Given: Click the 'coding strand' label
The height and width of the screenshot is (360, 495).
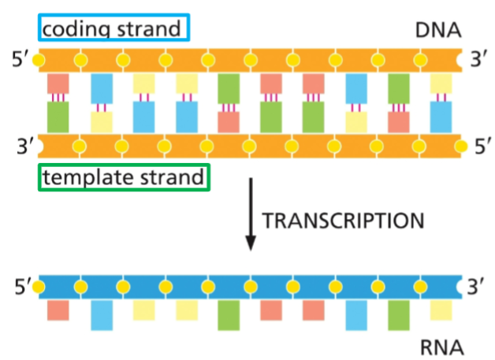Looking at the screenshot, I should pos(114,29).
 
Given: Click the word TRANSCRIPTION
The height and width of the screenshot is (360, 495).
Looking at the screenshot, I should pos(342,220).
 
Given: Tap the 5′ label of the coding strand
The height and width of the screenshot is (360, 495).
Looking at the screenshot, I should pos(17,60).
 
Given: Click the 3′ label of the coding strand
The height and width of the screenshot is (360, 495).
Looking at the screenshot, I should pos(478,60).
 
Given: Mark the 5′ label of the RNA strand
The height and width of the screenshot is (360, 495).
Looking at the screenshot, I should pos(17,284).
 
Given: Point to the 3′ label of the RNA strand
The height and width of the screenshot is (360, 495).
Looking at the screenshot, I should pos(478,284).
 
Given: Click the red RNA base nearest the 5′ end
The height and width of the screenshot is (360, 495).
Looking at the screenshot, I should pos(58,310).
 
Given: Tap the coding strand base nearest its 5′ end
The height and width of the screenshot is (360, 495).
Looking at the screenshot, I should pos(58,83).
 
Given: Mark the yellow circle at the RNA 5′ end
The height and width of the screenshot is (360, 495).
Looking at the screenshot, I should pos(37,284).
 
